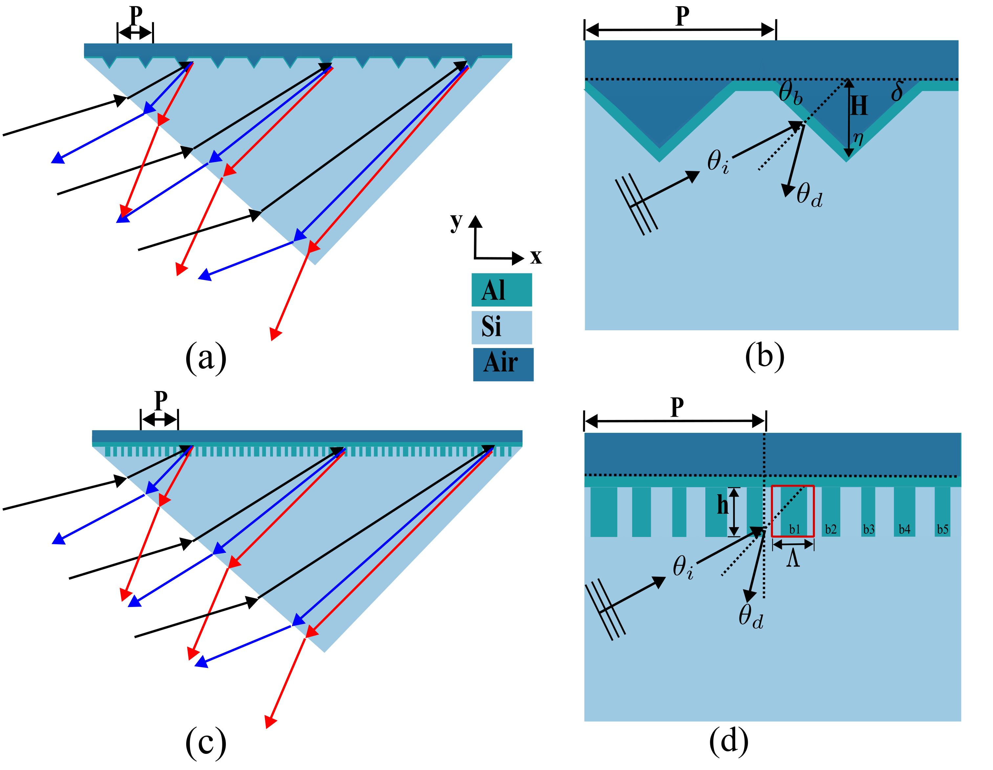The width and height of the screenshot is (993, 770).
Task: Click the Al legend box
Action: tap(501, 290)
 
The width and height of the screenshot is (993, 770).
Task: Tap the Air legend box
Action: tap(503, 364)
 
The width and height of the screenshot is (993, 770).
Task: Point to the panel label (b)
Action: tap(764, 356)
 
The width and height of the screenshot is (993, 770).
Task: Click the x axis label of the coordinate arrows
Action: tap(536, 257)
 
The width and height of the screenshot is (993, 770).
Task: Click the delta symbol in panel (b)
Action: tap(896, 91)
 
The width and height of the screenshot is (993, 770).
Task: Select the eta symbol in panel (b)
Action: tap(857, 137)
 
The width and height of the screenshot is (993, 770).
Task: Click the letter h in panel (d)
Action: tap(722, 505)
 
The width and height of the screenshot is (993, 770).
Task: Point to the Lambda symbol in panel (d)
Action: tap(793, 558)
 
